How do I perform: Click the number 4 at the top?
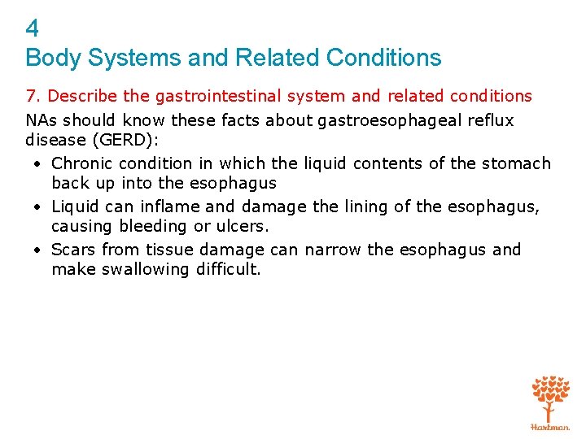pyautogui.click(x=33, y=29)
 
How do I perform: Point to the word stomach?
pyautogui.click(x=516, y=163)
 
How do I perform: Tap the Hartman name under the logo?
pyautogui.click(x=550, y=426)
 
